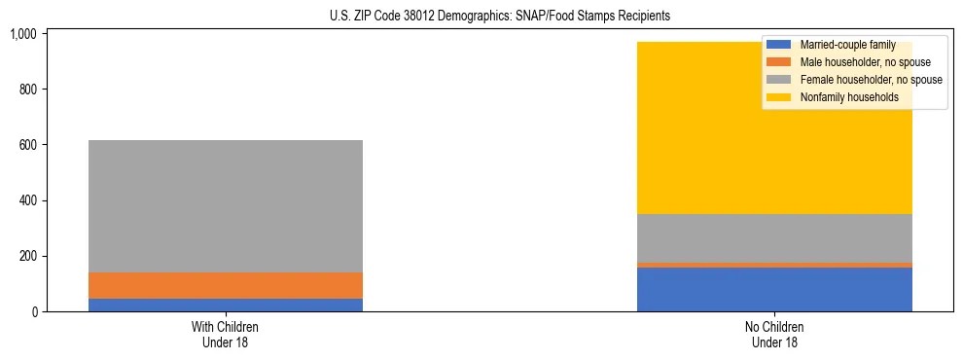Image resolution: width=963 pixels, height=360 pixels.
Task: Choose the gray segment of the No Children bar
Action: (774, 237)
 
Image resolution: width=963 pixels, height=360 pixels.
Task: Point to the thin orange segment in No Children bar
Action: (774, 265)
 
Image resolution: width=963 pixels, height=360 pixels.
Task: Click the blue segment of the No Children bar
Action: (774, 289)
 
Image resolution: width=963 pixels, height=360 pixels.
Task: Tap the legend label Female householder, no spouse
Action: (871, 80)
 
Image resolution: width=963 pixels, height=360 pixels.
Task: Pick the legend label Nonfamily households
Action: (842, 97)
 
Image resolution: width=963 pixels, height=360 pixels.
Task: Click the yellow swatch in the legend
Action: (779, 97)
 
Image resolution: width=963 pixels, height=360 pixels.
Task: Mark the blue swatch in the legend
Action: (779, 45)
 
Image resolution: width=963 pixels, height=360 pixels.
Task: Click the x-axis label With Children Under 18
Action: (225, 335)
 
